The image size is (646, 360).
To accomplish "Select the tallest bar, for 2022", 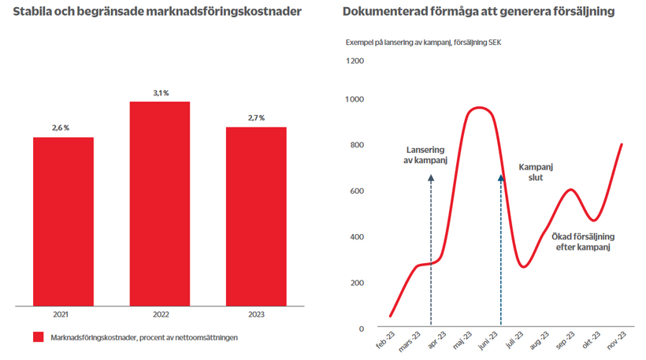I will click(x=160, y=202).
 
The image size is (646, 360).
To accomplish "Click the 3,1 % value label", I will click(x=160, y=94).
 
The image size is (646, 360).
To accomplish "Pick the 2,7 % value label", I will click(x=256, y=118).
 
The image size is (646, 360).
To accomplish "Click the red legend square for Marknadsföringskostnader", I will click(x=38, y=337).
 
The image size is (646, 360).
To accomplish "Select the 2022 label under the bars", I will click(x=160, y=314).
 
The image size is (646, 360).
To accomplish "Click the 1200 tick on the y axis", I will click(x=355, y=61).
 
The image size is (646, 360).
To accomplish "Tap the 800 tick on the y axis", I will click(x=358, y=145).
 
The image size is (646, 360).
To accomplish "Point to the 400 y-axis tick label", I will click(x=358, y=237).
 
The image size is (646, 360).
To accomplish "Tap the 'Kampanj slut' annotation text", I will click(x=536, y=172).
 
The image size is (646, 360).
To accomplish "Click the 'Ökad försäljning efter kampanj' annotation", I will click(x=583, y=241).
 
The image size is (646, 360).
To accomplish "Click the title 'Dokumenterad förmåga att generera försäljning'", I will click(x=479, y=13).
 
